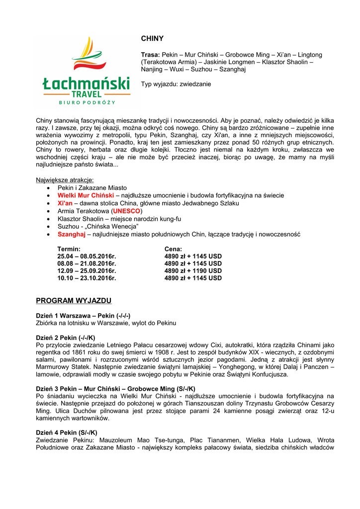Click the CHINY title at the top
point(152,38)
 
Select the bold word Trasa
point(150,55)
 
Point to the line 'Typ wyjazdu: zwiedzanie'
point(176,84)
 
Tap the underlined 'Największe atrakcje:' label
point(65,180)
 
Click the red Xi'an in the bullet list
point(65,203)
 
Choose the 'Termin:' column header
point(69,249)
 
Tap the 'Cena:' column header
point(173,249)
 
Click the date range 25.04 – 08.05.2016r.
point(87,256)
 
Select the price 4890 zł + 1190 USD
point(193,271)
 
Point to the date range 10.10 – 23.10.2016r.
point(87,278)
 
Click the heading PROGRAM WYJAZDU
point(74,301)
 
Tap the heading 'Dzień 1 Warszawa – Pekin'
point(83,316)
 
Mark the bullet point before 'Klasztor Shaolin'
point(47,219)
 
